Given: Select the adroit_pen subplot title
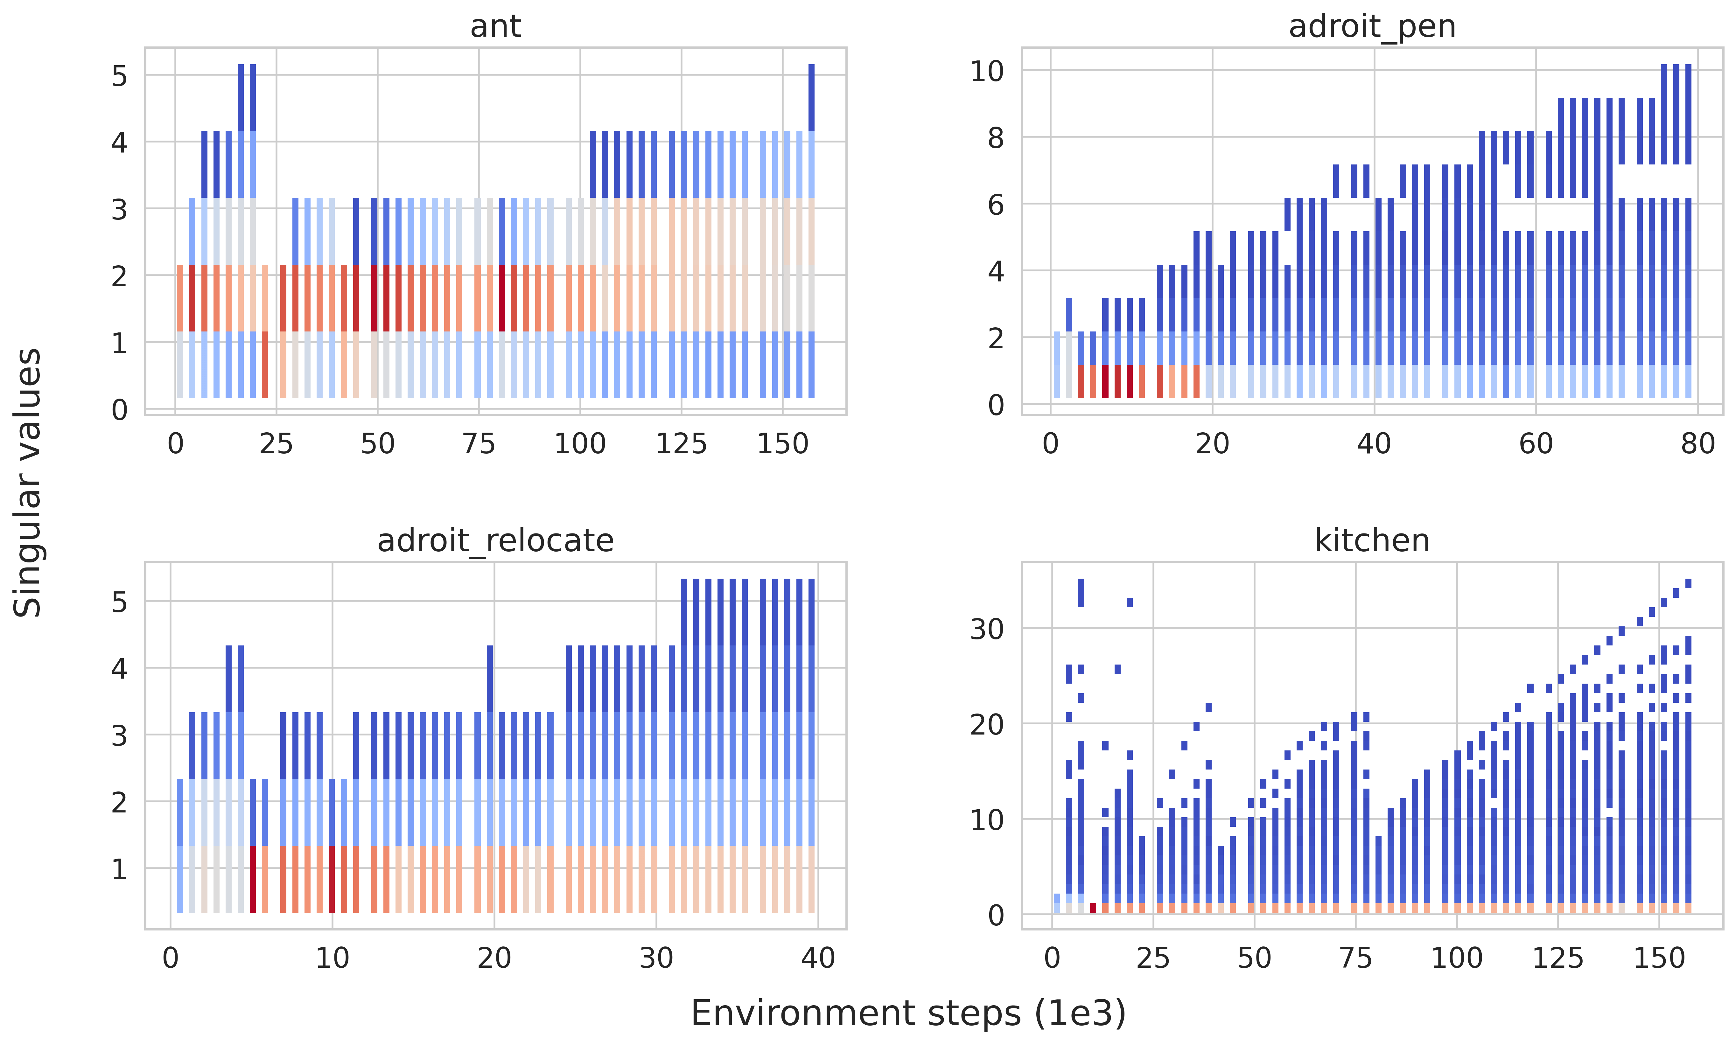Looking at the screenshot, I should tap(1372, 27).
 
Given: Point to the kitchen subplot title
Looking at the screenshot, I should tap(1372, 541).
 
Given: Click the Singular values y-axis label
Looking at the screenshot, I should tap(28, 483).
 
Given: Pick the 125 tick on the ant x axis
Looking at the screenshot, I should tap(681, 444).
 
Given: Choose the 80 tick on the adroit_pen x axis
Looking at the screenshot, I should tap(1697, 444).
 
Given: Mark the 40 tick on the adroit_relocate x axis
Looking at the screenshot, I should tap(818, 958).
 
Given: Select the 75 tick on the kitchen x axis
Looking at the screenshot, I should tap(1355, 958).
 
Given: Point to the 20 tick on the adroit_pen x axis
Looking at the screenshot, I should tap(1212, 444).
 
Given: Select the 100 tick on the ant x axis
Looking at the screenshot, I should tap(580, 444).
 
